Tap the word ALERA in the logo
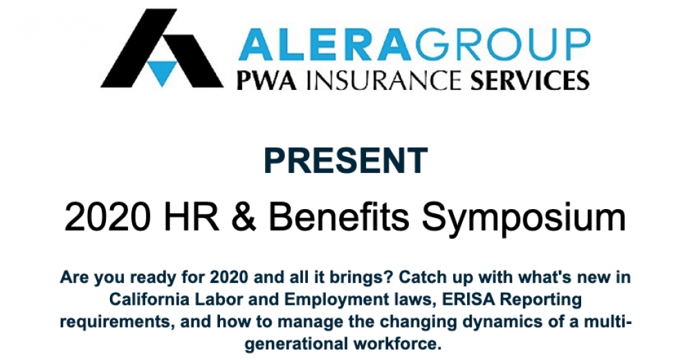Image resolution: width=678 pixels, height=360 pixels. coord(324,44)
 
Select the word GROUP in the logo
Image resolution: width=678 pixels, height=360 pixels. coord(502,44)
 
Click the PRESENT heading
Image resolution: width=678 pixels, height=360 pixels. coord(345,161)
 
